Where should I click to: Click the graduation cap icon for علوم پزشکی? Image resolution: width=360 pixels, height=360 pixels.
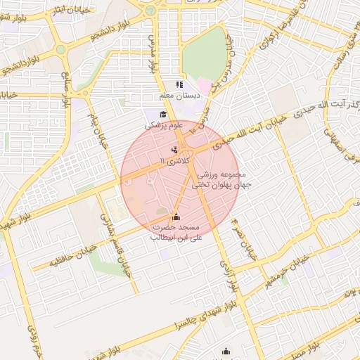163,115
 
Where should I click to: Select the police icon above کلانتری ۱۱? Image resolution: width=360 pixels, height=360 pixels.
174,150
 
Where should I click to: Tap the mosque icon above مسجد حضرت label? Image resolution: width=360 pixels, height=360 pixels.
175,217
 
